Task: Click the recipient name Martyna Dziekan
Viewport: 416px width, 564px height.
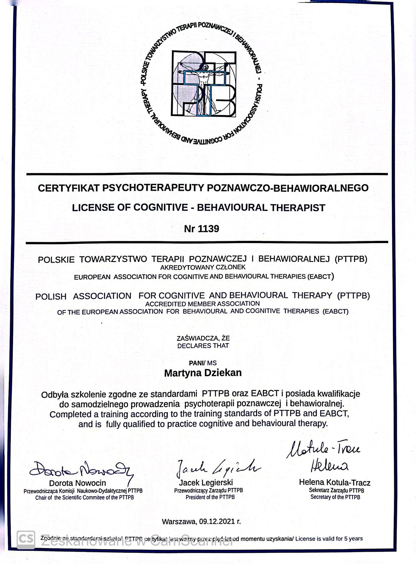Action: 203,373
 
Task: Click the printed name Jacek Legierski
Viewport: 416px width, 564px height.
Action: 206,482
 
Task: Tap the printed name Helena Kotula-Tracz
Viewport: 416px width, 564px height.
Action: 334,483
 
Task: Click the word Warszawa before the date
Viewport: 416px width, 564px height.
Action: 179,522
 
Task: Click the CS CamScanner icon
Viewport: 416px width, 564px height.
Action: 26,539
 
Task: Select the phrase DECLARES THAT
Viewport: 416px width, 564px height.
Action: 203,346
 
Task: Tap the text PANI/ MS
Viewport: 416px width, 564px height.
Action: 203,363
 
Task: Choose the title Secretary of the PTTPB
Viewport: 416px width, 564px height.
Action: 335,497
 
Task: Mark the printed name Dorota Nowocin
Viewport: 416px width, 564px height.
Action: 78,483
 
